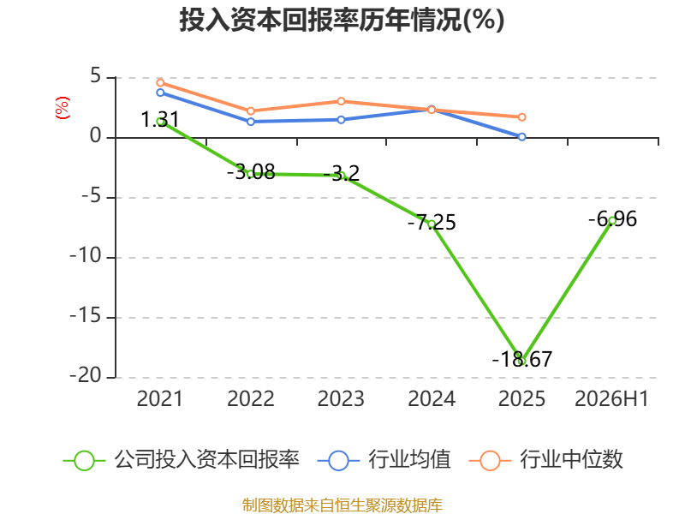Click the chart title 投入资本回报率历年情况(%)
click(342, 20)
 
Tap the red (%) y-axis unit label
click(62, 108)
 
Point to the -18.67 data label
click(522, 359)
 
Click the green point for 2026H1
click(612, 221)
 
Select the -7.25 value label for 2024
click(432, 223)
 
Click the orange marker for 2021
click(160, 82)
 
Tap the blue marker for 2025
click(522, 137)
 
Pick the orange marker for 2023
click(341, 101)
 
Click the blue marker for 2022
click(251, 122)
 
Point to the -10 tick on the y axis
click(86, 256)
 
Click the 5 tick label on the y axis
click(96, 76)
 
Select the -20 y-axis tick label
click(86, 376)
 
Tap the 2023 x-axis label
click(341, 399)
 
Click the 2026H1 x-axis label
click(611, 399)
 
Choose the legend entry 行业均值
click(384, 460)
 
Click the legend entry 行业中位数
click(546, 460)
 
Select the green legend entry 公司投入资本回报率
click(182, 460)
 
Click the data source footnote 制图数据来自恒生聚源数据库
click(342, 505)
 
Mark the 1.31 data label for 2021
click(160, 120)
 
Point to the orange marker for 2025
click(522, 117)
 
